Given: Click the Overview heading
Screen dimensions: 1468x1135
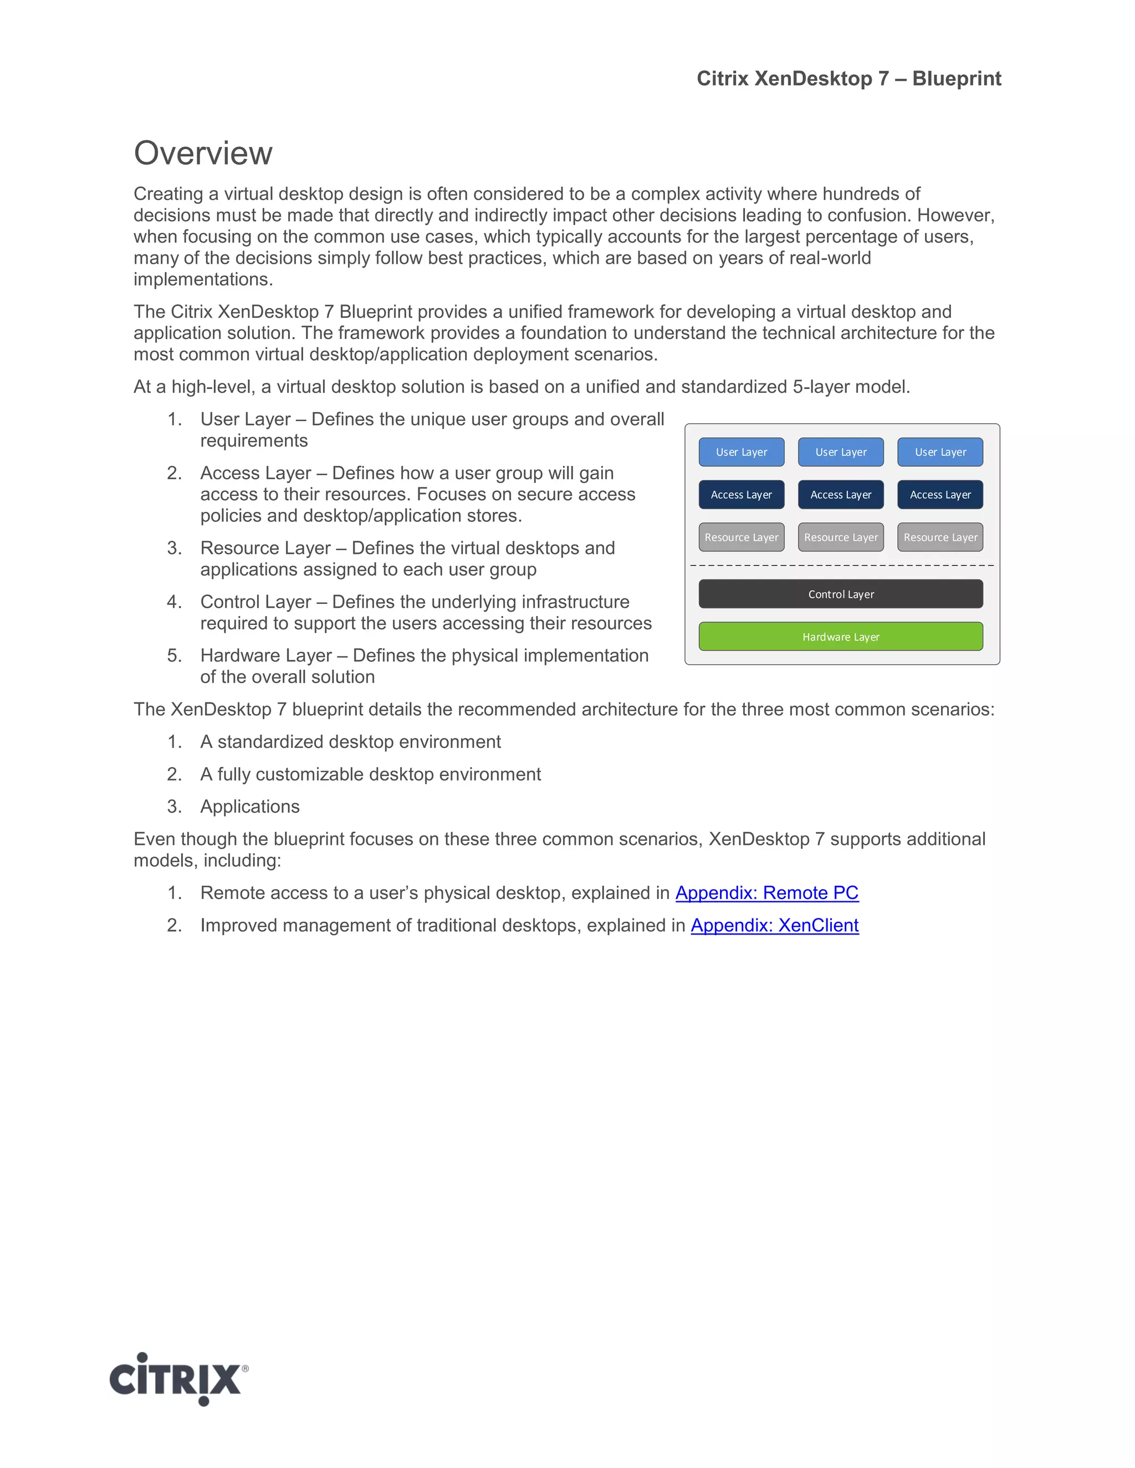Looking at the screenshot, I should click(x=202, y=153).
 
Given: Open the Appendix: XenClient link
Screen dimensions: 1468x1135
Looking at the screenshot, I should click(x=775, y=925).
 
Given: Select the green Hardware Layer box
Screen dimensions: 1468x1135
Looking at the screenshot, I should click(x=841, y=637).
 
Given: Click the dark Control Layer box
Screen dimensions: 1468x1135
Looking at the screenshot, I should click(x=841, y=594).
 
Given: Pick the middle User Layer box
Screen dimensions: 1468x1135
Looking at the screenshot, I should click(x=841, y=451).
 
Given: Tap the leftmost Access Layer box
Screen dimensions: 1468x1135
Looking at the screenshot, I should click(x=741, y=495).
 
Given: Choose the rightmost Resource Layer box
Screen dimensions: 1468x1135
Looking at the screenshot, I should click(x=940, y=537).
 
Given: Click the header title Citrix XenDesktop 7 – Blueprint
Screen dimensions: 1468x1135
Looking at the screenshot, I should click(x=848, y=79).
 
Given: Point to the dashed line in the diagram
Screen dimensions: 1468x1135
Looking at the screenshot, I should click(x=841, y=565).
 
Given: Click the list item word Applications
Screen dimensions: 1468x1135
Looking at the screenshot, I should click(x=249, y=807).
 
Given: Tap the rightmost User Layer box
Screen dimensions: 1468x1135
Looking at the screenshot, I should click(x=940, y=451).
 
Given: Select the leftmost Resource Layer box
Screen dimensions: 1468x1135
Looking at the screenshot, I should click(x=741, y=537).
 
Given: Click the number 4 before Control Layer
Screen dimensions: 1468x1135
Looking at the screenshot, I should click(x=173, y=602).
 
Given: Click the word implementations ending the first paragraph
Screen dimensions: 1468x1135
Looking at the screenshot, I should click(x=202, y=280).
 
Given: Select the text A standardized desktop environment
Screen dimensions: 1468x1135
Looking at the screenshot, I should click(x=350, y=742).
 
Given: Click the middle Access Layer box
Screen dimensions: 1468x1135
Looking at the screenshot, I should click(x=841, y=495).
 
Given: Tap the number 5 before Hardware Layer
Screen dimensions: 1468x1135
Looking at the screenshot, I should click(x=173, y=655).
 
